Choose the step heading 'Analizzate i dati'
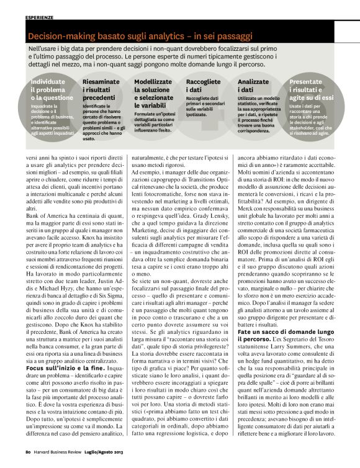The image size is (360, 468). click(x=254, y=86)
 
